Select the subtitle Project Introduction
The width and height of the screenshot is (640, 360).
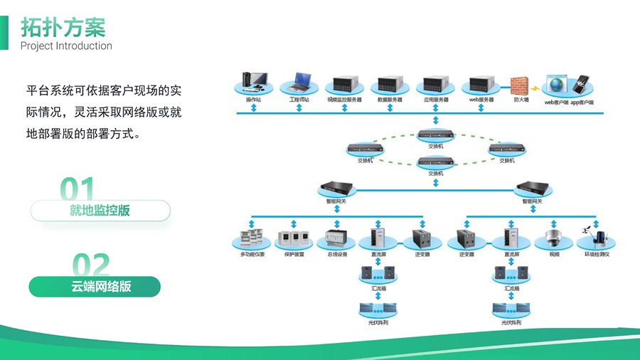click(x=66, y=46)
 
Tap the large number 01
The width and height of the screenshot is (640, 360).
click(x=78, y=190)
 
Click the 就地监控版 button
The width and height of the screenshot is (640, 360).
click(x=100, y=211)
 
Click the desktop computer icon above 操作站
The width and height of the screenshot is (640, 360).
click(x=254, y=83)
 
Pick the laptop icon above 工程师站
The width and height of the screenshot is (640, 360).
click(x=299, y=83)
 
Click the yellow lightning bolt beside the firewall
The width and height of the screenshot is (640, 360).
click(x=535, y=88)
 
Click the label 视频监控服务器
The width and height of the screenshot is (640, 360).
click(x=344, y=100)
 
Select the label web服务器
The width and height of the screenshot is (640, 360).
click(x=481, y=100)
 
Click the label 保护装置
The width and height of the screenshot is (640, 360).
click(x=294, y=254)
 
